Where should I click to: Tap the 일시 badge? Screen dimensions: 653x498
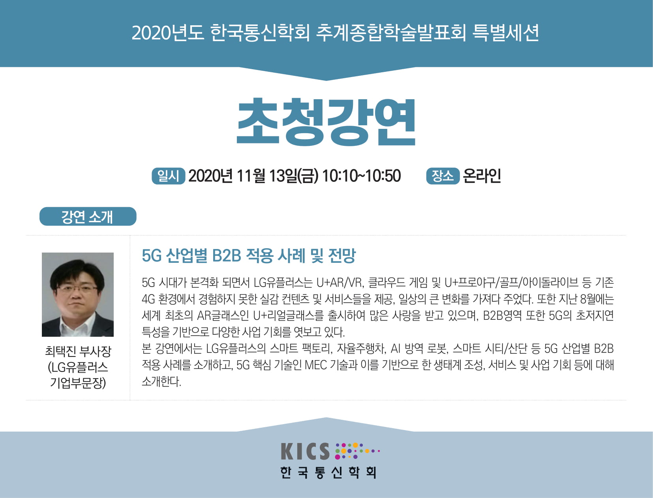(168, 176)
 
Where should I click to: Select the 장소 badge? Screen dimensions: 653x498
(443, 176)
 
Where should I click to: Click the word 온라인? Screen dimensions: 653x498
(482, 176)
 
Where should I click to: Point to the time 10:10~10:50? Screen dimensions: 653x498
(362, 176)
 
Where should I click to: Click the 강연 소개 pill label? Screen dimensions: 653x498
(88, 216)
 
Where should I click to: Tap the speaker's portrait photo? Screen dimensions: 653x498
(78, 294)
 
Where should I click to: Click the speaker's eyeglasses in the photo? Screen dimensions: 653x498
(77, 288)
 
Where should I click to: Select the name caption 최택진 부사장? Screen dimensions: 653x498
(78, 351)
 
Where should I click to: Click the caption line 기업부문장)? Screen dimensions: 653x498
(78, 383)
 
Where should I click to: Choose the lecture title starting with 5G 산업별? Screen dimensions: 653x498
(249, 256)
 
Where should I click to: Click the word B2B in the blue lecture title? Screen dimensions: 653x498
(226, 256)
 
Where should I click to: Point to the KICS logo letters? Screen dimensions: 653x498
(305, 451)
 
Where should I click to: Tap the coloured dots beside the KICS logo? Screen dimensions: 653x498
(357, 451)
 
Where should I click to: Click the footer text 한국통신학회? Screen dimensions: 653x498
(328, 472)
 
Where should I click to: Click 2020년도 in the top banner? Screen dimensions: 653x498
(167, 32)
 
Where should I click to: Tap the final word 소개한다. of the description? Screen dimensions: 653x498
(161, 381)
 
